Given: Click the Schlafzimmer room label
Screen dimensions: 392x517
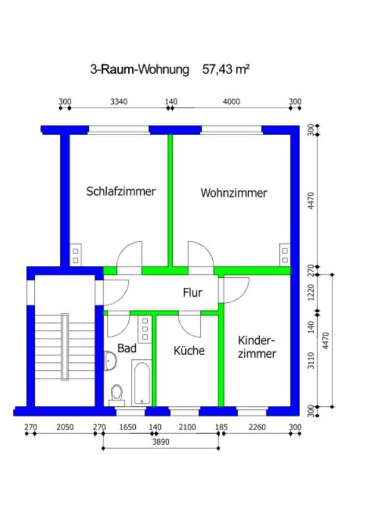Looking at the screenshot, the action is (x=120, y=191).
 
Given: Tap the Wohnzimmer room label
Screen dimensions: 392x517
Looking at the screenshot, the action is (x=234, y=193).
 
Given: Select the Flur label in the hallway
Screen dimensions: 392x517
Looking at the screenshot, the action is (x=192, y=292).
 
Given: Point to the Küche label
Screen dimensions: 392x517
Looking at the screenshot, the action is (x=189, y=350).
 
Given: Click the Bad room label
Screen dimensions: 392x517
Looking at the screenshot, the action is (x=127, y=348).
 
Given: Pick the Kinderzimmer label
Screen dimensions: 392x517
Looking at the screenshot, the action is (x=257, y=347).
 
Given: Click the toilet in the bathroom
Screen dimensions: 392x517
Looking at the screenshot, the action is (x=117, y=396).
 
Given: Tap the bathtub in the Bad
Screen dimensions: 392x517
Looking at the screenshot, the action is (x=142, y=383).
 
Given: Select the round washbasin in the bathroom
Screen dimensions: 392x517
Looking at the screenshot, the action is (x=110, y=360).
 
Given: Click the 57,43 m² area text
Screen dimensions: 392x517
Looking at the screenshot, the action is (x=226, y=69).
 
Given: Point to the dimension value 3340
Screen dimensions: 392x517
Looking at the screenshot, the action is (x=119, y=102).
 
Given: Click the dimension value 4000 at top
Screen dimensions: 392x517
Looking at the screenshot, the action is (x=231, y=102).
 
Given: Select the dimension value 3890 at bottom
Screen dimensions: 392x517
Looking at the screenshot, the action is (x=161, y=442).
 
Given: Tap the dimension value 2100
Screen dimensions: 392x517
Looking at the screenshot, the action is (x=187, y=427).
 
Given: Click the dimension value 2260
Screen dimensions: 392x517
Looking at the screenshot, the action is (x=257, y=427).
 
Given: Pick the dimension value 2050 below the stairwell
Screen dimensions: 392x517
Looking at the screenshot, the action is (x=65, y=427).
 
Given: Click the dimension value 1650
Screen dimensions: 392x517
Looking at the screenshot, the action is (x=128, y=427).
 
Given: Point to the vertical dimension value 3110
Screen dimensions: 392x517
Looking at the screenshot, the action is (x=311, y=360).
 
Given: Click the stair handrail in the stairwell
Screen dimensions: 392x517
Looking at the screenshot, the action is (x=65, y=347).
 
